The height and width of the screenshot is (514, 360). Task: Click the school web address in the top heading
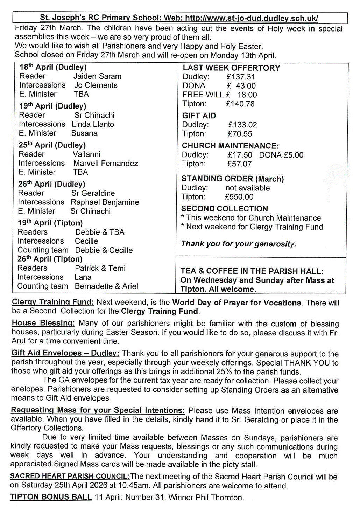251,18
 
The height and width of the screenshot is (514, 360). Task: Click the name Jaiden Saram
97,76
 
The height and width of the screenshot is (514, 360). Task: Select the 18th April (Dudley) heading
53,67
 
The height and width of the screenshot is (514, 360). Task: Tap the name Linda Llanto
93,124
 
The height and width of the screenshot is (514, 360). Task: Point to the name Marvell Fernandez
106,163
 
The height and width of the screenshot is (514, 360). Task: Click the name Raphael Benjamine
105,202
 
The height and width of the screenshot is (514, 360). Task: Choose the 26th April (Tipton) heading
50,259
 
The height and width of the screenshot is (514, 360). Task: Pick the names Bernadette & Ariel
106,286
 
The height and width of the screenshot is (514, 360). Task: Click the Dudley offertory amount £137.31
241,77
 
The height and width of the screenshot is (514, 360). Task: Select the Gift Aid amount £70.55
240,134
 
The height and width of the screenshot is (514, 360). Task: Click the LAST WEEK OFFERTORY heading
231,68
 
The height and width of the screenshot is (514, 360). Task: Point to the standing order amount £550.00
239,197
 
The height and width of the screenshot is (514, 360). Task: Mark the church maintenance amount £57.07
239,164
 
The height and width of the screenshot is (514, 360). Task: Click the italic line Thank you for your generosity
238,244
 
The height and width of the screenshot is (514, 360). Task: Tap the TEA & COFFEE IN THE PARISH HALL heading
252,271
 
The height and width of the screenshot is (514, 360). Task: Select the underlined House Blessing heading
43,323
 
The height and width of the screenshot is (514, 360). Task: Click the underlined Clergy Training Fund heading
53,302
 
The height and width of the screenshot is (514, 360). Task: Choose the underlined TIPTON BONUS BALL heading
51,497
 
